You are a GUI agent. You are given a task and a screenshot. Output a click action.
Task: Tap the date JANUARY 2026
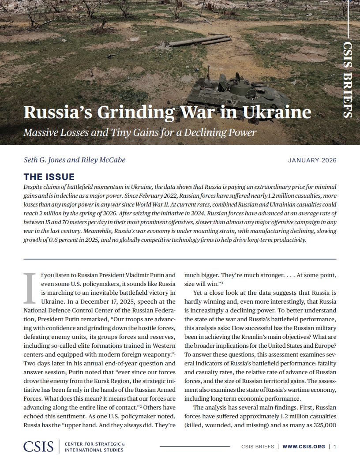[312, 160]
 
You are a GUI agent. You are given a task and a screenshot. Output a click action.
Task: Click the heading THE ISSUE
[49, 177]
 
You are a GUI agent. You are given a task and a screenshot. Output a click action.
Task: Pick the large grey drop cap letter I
[29, 288]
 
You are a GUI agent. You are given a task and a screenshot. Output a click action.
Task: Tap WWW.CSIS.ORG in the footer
[304, 447]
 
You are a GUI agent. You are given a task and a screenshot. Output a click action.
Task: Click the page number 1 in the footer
[335, 447]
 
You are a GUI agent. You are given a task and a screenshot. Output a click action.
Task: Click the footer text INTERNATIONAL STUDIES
[94, 450]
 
